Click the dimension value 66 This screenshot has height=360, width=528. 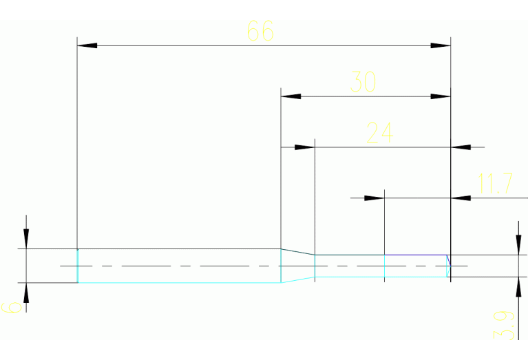pos(260,31)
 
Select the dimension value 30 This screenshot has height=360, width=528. pos(363,82)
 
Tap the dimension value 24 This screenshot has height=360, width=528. pos(379,132)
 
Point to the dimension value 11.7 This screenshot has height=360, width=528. pos(495,183)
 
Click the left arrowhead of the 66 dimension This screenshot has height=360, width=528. pos(87,45)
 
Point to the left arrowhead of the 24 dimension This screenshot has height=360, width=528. pos(304,147)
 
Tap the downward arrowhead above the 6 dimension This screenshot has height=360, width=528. pos(26,238)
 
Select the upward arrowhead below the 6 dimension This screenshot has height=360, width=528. pos(26,293)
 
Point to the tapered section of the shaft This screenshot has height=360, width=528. pos(297,266)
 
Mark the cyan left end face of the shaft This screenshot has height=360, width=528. pos(78,266)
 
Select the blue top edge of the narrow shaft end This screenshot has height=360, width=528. pos(413,255)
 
